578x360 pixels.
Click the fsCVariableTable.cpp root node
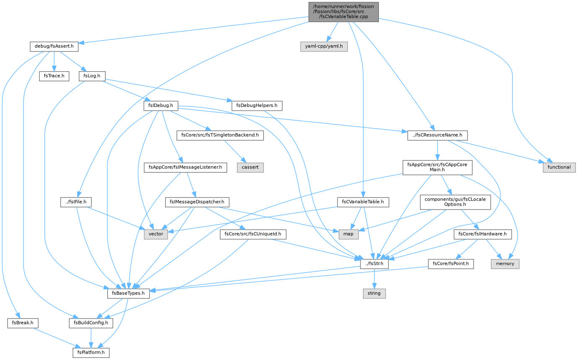pyautogui.click(x=343, y=12)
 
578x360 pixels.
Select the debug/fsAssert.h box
pyautogui.click(x=54, y=47)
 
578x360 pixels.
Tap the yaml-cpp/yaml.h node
pyautogui.click(x=324, y=47)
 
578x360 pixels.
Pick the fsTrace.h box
pyautogui.click(x=54, y=76)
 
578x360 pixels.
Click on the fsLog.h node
pyautogui.click(x=92, y=76)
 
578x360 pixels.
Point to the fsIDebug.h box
pyautogui.click(x=161, y=106)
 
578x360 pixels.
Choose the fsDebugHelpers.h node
pyautogui.click(x=257, y=106)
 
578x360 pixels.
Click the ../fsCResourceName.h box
pyautogui.click(x=437, y=135)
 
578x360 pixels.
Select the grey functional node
pyautogui.click(x=559, y=168)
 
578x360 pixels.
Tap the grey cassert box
pyautogui.click(x=250, y=168)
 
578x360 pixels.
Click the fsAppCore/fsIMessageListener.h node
pyautogui.click(x=185, y=168)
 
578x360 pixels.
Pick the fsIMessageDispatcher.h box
pyautogui.click(x=197, y=202)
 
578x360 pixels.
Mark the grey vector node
pyautogui.click(x=156, y=234)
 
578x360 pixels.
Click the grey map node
pyautogui.click(x=348, y=234)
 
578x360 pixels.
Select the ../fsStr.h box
pyautogui.click(x=374, y=264)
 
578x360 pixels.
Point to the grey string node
pyautogui.click(x=374, y=294)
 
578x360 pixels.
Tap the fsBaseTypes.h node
pyautogui.click(x=128, y=294)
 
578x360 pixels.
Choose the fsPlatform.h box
pyautogui.click(x=91, y=353)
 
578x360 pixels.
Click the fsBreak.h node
pyautogui.click(x=23, y=323)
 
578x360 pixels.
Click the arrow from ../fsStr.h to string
pyautogui.click(x=374, y=279)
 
